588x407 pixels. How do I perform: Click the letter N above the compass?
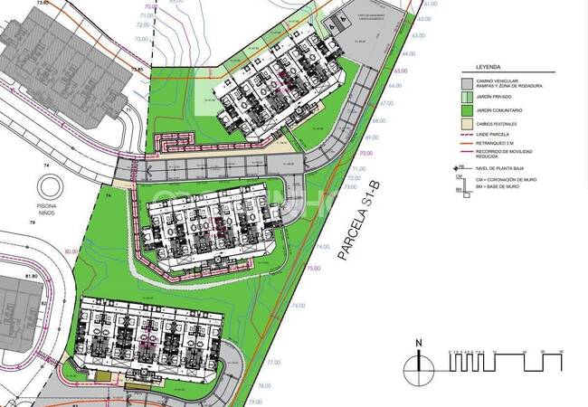pos(418,343)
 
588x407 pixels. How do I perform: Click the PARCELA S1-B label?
pos(354,222)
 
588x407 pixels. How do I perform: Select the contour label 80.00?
pos(71,251)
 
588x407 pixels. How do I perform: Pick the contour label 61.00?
pos(430,5)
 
